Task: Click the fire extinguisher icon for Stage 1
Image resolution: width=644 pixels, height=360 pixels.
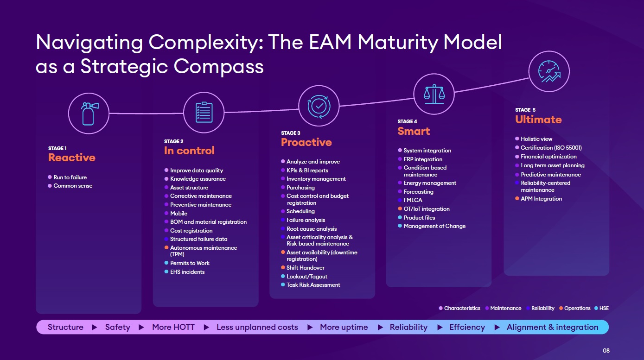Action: click(89, 114)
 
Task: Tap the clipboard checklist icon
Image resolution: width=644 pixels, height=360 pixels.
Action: click(204, 112)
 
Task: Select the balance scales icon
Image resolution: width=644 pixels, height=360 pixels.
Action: click(434, 94)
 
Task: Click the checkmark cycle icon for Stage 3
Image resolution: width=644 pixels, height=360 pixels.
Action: click(319, 106)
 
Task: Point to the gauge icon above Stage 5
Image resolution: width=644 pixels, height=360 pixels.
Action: click(549, 71)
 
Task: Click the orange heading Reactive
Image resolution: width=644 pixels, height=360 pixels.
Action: click(71, 158)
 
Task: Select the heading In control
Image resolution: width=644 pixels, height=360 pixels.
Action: click(189, 151)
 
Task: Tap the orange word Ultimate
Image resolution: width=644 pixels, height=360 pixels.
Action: click(538, 120)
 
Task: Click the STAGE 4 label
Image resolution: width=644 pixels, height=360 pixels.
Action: click(407, 121)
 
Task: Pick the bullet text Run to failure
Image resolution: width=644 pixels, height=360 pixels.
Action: click(70, 177)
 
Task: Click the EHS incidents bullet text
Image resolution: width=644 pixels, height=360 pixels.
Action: click(187, 272)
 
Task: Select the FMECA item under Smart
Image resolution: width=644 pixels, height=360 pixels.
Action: click(413, 200)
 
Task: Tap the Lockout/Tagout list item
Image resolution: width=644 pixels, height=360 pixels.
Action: click(307, 277)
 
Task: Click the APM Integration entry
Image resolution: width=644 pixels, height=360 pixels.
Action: click(541, 199)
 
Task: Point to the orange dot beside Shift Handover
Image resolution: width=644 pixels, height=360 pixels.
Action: click(283, 267)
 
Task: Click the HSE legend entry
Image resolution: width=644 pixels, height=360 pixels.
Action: click(601, 308)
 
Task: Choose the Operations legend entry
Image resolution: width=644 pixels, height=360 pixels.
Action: click(575, 308)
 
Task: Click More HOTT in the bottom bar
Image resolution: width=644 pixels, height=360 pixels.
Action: click(173, 327)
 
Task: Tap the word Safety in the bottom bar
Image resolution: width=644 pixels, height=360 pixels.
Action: click(118, 327)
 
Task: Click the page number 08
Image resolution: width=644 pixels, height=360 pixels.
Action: click(606, 351)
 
